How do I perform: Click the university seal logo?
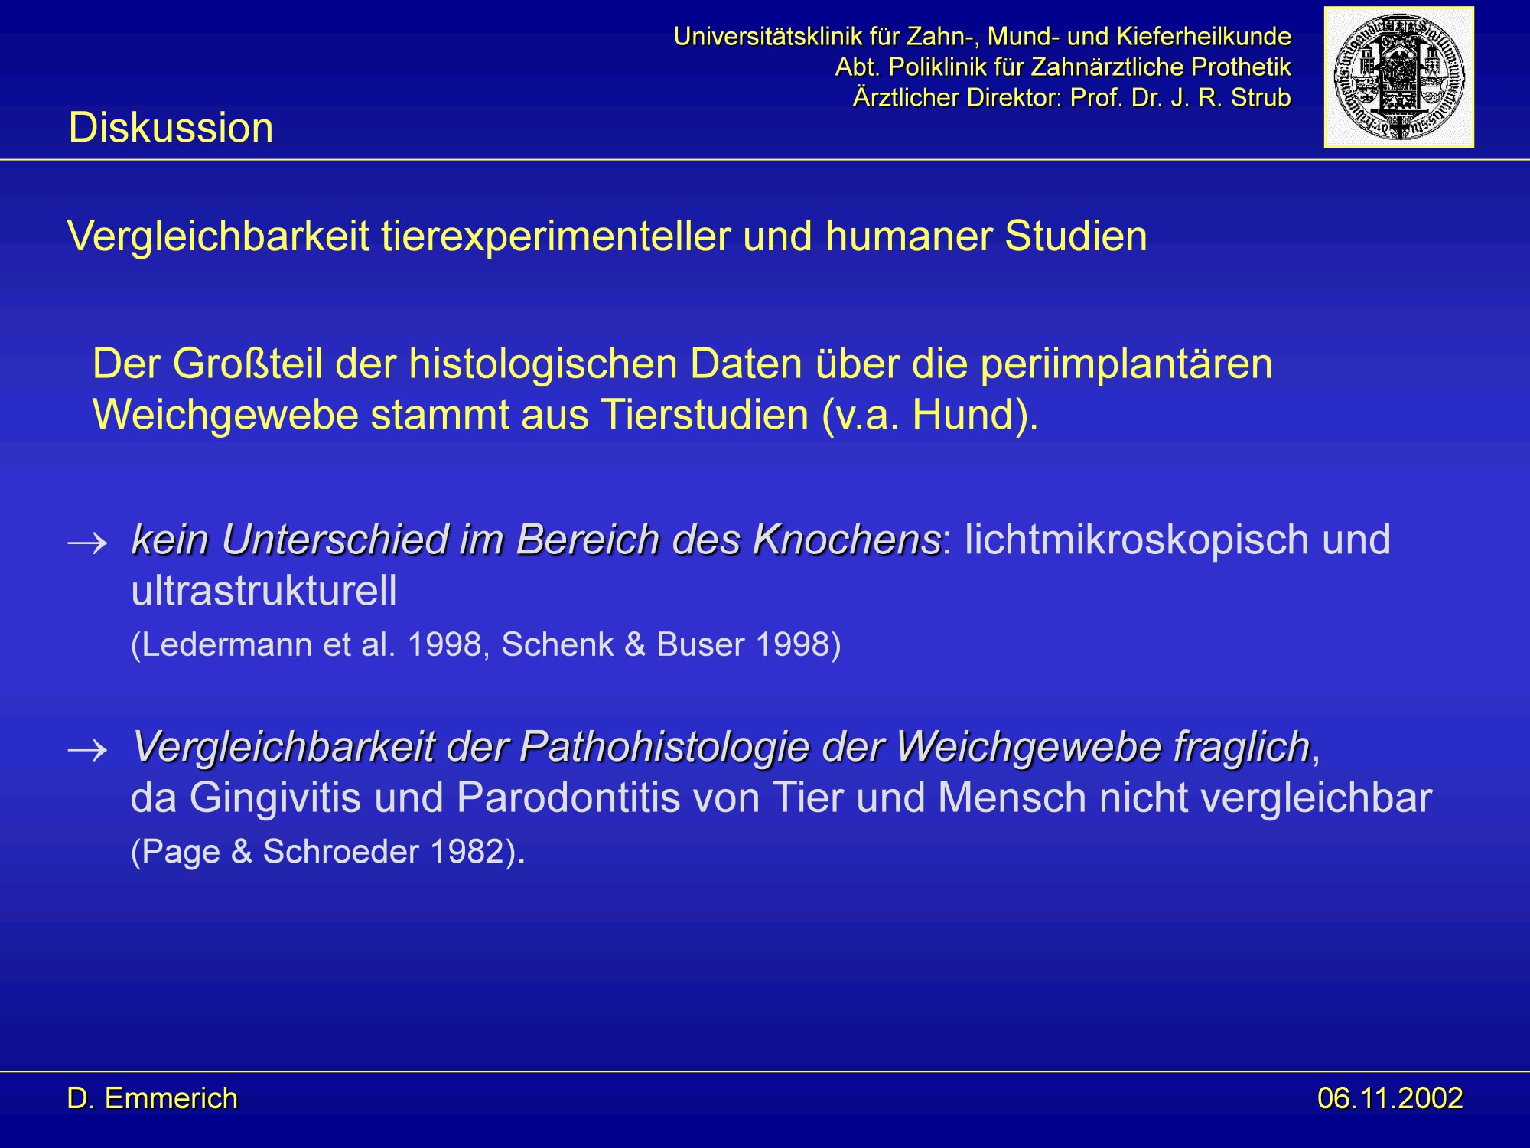coord(1398,77)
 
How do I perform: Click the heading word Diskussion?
coord(171,127)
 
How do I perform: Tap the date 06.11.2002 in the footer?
coord(1389,1098)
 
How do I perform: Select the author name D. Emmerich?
coord(152,1098)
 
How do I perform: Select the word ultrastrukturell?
coord(264,591)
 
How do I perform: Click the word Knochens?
coord(847,540)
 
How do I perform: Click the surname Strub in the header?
coord(1261,97)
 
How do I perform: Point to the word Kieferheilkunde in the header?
coord(1203,36)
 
